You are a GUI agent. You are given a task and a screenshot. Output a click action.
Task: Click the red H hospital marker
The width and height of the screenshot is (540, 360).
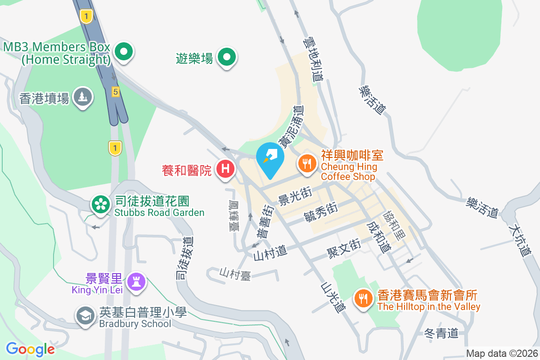coord(225,169)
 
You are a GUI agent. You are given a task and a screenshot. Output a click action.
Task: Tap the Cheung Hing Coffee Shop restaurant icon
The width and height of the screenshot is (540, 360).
coord(307,163)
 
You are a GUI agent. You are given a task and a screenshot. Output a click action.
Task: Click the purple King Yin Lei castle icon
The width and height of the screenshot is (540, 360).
coord(135,282)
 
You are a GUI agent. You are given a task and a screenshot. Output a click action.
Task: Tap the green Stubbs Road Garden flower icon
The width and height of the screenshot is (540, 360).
coord(101,205)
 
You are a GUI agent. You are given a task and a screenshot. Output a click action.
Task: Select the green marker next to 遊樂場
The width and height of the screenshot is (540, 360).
coord(227,57)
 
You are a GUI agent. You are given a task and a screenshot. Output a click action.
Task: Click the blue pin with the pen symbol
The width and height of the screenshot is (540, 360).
coord(270,158)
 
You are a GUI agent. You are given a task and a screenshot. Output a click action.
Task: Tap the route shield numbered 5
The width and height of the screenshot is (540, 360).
coord(116,92)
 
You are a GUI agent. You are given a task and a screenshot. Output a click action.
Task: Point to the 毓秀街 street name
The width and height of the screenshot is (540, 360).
coord(321,211)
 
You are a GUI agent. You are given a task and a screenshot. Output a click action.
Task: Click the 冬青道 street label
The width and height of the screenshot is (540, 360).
coord(441,333)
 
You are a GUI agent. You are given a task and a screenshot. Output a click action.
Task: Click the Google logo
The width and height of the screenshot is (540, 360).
coord(30,349)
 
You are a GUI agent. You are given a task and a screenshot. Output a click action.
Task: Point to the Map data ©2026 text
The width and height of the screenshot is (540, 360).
coord(501,354)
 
